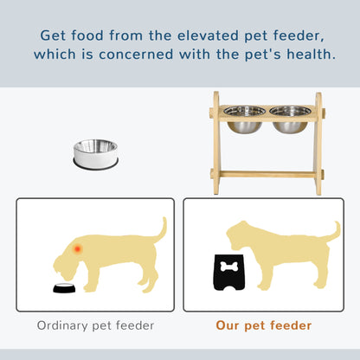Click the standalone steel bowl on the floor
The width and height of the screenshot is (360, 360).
94,153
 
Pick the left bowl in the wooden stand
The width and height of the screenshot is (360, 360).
246,119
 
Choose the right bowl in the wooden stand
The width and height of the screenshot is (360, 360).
291,119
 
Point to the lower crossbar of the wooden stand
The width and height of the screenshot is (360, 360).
267,174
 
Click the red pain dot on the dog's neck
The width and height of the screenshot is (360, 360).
78,249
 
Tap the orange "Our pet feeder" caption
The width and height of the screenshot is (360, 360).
265,326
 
